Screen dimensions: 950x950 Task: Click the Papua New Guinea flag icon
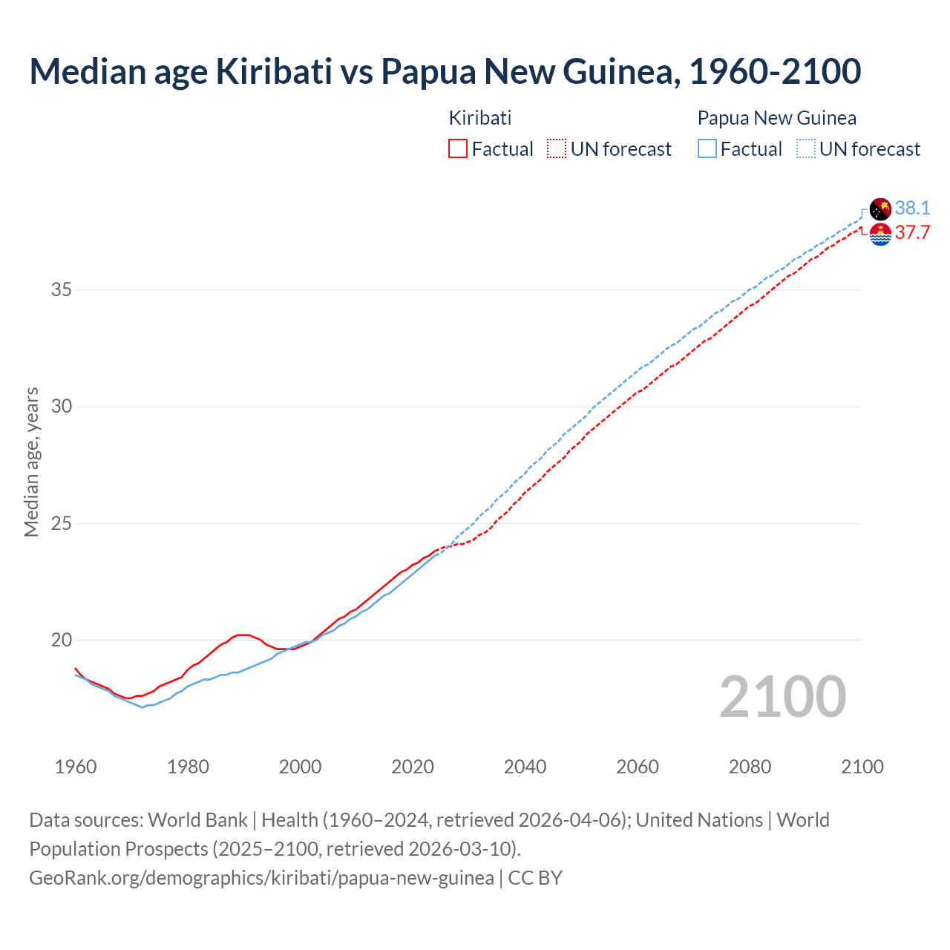pos(880,209)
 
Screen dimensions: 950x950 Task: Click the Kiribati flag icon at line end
pos(880,234)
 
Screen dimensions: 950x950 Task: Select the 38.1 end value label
pos(912,208)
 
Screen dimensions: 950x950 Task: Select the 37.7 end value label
pos(912,233)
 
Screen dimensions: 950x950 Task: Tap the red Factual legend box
pos(458,148)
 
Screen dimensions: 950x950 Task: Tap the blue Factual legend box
pos(707,148)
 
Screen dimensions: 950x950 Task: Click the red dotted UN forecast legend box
pos(557,148)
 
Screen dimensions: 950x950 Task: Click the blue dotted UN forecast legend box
pos(806,148)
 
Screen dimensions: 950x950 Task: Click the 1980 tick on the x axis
pos(188,767)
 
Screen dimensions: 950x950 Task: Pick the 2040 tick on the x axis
pos(525,767)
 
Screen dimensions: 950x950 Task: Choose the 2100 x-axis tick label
pos(862,767)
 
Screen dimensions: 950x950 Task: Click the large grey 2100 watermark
pos(782,696)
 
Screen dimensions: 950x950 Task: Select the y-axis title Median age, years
pos(31,462)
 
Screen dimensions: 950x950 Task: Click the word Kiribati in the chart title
pos(274,71)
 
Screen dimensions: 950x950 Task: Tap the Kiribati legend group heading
pos(480,118)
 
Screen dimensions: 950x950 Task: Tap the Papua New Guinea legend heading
pos(776,118)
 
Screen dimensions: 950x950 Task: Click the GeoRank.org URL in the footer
pos(261,877)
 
